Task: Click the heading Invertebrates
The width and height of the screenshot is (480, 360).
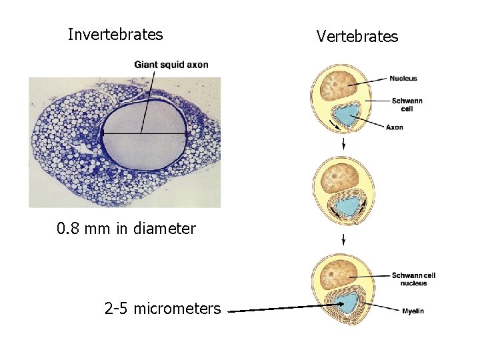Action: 115,35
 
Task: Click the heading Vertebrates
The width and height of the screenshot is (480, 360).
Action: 357,36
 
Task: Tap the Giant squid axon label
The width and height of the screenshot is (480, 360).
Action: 171,65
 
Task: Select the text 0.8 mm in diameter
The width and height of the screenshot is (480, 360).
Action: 126,229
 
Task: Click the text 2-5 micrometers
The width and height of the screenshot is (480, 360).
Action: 162,309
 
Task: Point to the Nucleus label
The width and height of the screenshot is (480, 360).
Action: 404,78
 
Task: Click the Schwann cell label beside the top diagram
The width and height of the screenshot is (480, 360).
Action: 407,104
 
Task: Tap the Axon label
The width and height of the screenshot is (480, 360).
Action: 394,127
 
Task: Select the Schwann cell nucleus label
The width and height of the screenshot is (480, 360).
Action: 413,279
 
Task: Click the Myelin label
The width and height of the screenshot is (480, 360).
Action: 413,311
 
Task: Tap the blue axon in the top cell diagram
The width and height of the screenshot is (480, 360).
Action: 345,115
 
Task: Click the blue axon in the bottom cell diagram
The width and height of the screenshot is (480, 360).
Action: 346,304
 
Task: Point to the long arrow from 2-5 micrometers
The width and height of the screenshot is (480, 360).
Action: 280,309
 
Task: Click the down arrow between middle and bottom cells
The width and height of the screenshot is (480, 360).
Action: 343,239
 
